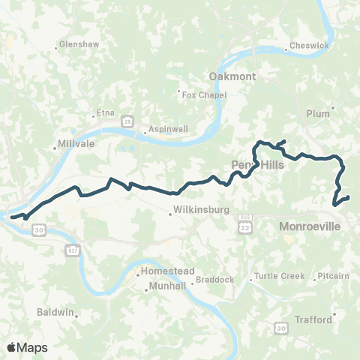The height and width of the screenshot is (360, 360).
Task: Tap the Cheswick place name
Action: coord(310,46)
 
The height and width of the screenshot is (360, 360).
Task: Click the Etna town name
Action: coord(104,114)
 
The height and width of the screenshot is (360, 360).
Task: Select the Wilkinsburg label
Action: coord(194,211)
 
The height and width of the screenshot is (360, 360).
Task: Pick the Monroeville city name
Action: coord(310,226)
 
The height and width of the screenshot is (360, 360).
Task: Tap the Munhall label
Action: coord(162,286)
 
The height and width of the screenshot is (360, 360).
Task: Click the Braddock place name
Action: coord(214,280)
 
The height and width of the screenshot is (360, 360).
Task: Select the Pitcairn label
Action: coord(334,276)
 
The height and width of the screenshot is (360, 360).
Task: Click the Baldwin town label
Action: coord(56,311)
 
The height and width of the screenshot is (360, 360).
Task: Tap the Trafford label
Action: coord(313,319)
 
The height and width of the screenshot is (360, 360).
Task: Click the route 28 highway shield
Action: coord(128,121)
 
